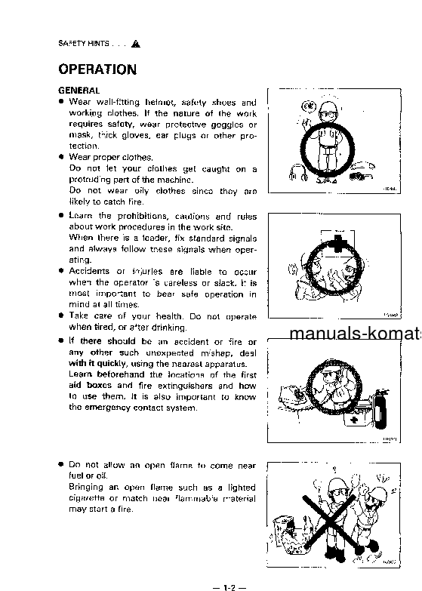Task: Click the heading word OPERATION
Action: point(97,70)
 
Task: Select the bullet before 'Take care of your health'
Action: point(61,316)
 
